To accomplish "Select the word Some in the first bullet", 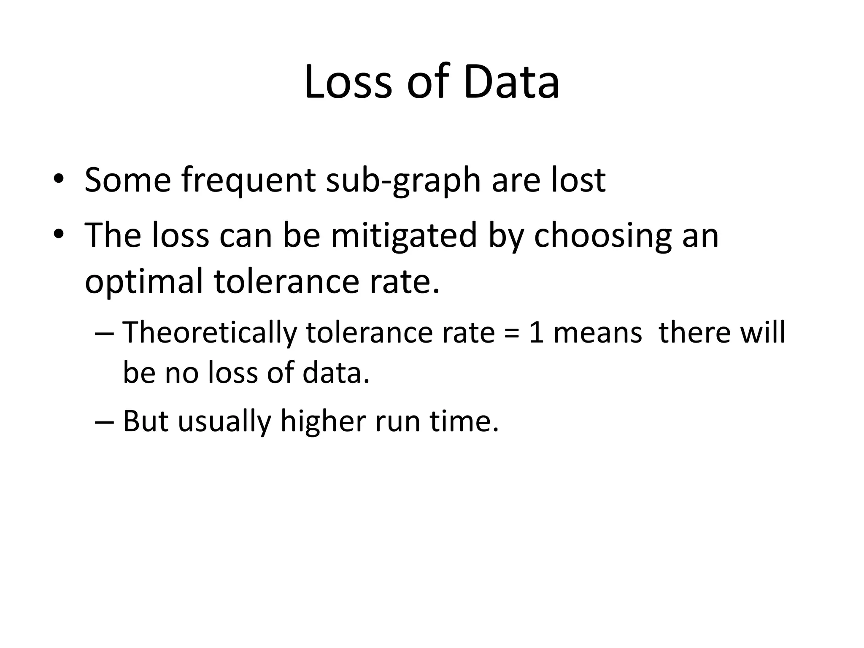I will pos(127,180).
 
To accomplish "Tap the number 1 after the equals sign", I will pos(536,332).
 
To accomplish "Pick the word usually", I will pos(224,422).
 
